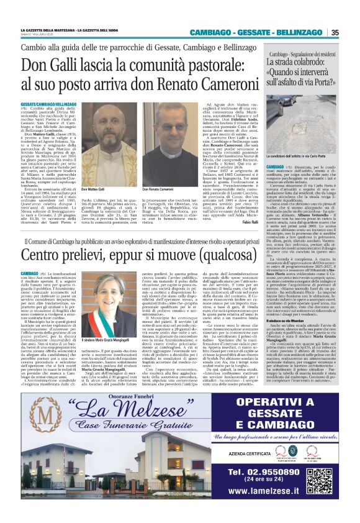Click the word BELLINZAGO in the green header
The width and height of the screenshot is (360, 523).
pyautogui.click(x=300, y=32)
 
